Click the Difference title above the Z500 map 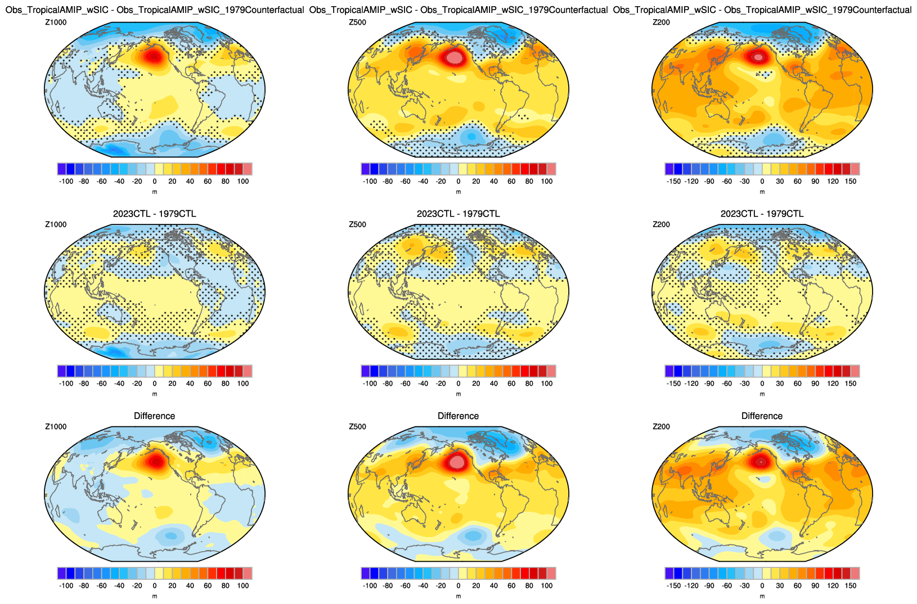458,416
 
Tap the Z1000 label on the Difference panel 56,427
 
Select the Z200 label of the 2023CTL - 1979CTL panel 660,224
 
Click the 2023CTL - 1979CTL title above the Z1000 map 154,214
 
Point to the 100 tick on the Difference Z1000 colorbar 243,585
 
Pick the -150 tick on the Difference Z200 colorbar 673,585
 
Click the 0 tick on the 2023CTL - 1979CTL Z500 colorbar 458,384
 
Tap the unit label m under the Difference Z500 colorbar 458,596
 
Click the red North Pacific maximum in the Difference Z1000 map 154,461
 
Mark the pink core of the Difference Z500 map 457,462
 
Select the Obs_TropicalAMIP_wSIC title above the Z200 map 762,10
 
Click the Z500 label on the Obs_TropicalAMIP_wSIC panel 357,22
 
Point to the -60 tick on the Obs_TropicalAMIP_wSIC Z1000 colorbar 101,181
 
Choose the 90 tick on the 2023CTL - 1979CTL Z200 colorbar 815,384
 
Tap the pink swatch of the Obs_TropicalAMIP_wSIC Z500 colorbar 551,169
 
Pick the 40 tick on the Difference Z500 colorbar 494,585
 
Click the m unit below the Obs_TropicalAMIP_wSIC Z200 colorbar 762,192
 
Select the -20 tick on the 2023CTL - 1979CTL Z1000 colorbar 137,384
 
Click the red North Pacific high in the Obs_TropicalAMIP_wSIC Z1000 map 153,56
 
